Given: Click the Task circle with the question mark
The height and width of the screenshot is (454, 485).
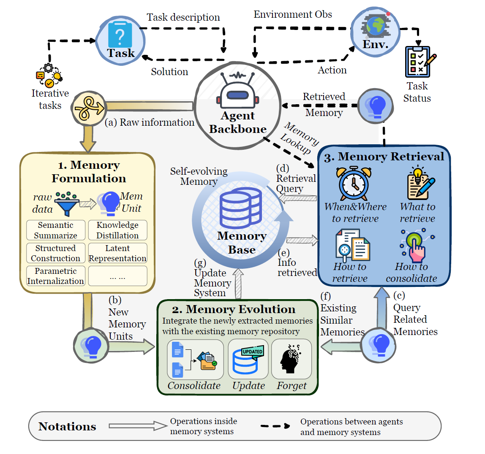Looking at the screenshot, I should tap(120, 40).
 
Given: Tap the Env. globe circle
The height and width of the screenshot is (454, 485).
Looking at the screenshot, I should tap(375, 32).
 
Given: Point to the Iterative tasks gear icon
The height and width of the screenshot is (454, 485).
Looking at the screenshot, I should tap(49, 75).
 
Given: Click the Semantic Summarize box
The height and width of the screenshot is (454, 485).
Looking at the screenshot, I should tap(56, 230).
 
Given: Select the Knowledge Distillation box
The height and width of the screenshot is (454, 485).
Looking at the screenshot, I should tap(117, 230).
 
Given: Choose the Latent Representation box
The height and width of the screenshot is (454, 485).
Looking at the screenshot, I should tap(117, 253).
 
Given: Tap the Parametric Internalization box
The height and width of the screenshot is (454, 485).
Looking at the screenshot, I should tap(56, 276).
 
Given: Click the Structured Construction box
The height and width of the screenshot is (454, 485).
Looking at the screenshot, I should tap(56, 253).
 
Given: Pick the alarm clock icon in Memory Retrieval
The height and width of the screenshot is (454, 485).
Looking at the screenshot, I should tap(354, 184).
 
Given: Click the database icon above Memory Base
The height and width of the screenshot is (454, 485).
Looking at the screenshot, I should tap(241, 208).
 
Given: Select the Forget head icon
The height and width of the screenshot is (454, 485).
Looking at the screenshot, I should tap(291, 359).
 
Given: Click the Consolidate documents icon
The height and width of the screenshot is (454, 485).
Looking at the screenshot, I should tap(195, 359).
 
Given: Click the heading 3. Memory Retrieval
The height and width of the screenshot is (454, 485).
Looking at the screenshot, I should tap(384, 157).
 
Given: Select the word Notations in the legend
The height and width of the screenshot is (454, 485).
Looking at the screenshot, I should tap(67, 427).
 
